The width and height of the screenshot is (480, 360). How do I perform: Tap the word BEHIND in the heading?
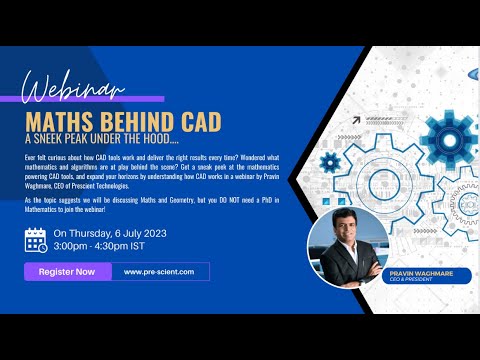pos(137,120)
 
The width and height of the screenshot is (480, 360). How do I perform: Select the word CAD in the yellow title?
pos(200,120)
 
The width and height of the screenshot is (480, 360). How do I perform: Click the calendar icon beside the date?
pos(36,240)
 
